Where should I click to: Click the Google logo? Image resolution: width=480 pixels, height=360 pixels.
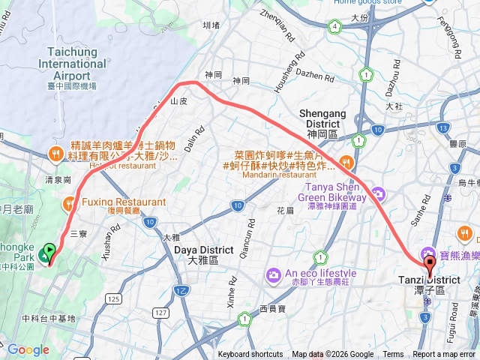tap(28, 349)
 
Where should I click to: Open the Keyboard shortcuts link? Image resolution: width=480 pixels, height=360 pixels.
tap(250, 355)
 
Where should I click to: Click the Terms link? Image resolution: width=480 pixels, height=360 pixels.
tap(393, 355)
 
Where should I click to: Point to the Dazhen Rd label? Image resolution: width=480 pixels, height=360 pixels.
tap(309, 74)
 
